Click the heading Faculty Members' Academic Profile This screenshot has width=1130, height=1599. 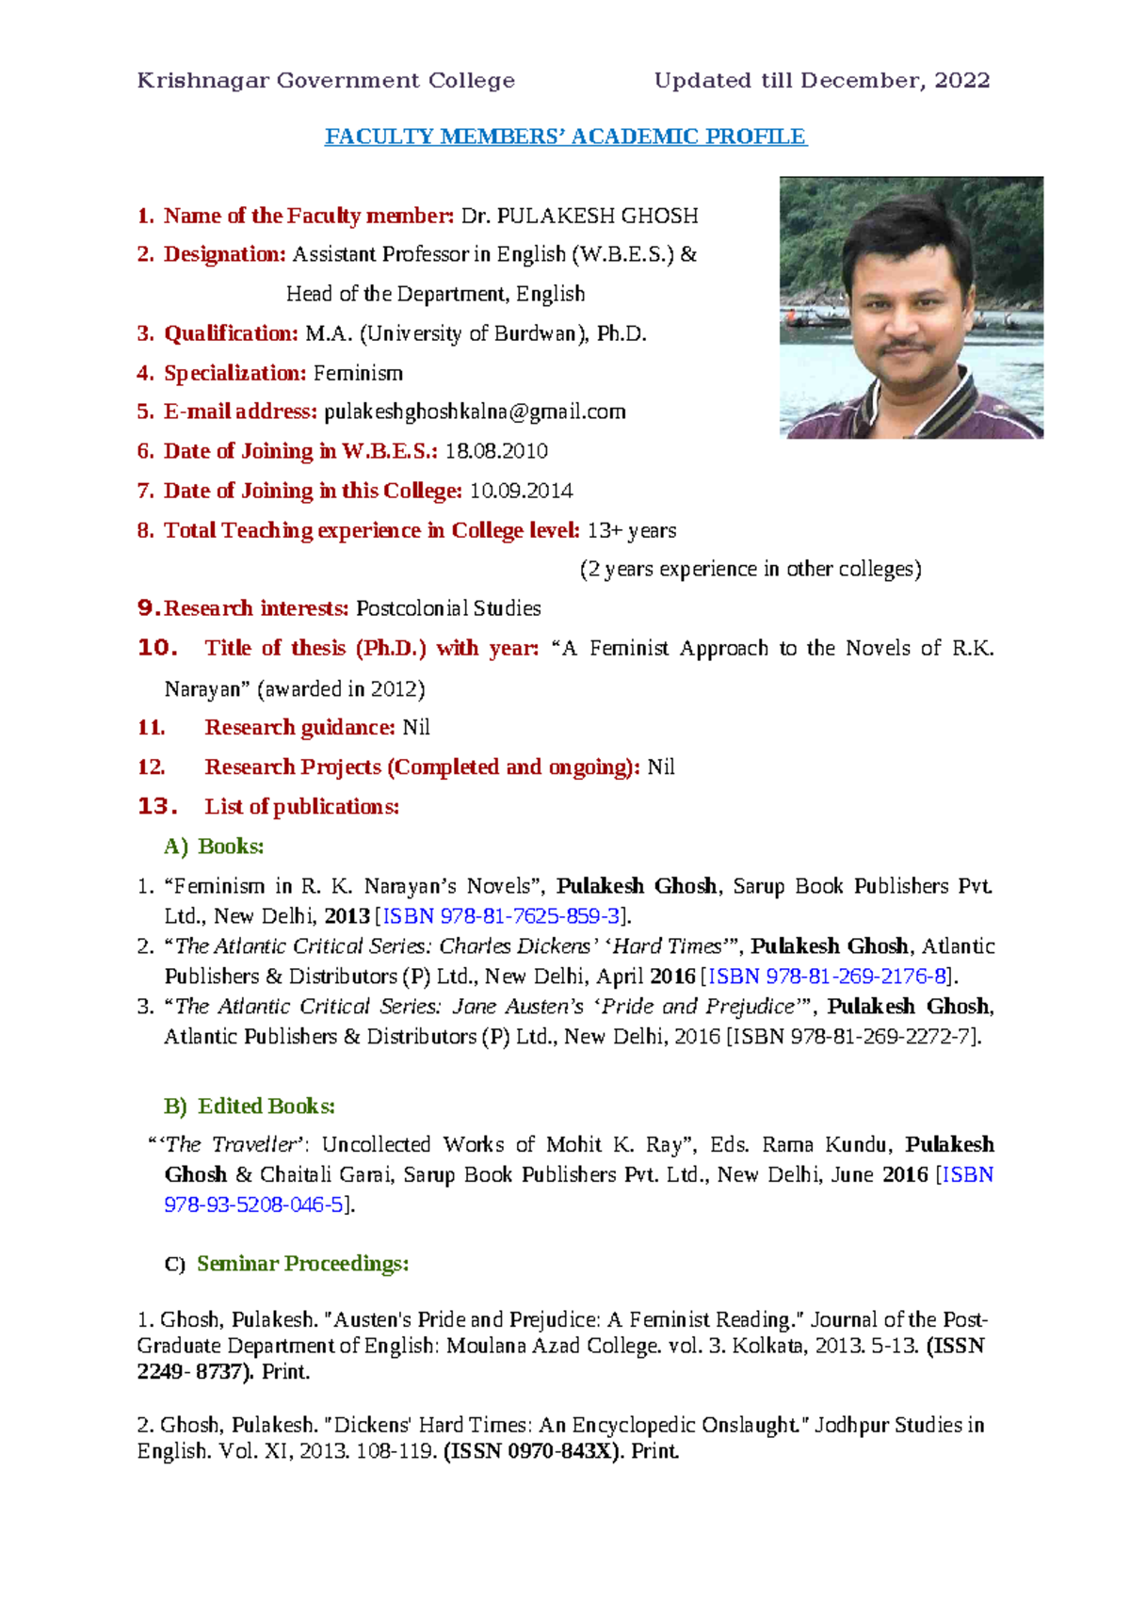point(565,137)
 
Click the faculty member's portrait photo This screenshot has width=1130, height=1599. point(911,307)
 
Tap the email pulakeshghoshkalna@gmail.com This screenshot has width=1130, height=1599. point(475,412)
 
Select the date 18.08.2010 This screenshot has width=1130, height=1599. point(496,451)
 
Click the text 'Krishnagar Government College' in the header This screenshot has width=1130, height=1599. point(326,81)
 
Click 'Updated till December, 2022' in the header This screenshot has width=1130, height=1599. point(821,81)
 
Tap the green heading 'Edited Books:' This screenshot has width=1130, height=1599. point(266,1106)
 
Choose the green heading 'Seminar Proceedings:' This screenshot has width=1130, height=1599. point(302,1264)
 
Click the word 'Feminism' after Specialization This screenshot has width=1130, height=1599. point(358,373)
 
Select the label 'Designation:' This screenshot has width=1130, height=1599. point(224,254)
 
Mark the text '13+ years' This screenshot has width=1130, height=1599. point(631,530)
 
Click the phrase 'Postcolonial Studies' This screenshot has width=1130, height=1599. point(448,608)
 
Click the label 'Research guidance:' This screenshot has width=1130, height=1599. point(299,727)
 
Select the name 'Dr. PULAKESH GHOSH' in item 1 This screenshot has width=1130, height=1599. point(579,216)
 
